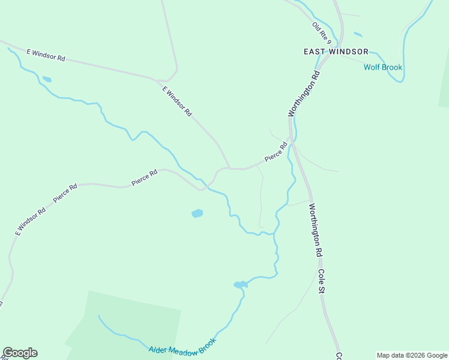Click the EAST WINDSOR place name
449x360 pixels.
coord(336,52)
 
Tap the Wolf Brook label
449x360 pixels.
coord(383,67)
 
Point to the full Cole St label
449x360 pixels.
coord(322,281)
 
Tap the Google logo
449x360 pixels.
coord(20,353)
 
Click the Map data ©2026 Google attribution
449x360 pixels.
coord(412,355)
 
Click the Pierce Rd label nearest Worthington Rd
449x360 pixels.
coord(276,152)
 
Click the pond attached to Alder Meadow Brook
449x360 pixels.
coord(240,284)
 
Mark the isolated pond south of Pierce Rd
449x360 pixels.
coord(197,213)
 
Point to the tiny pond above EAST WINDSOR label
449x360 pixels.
coord(358,34)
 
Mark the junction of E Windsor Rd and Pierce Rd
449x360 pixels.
coord(229,169)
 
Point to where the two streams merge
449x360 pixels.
coord(275,232)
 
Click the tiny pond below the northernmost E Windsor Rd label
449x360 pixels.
coord(46,79)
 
